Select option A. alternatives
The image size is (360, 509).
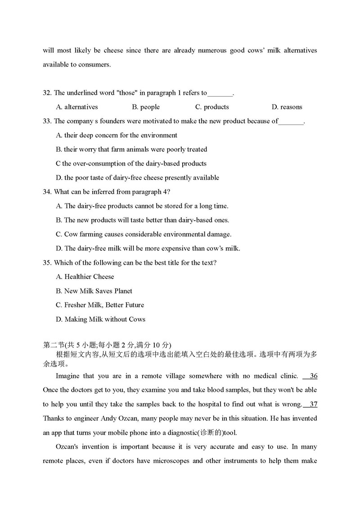[77, 107]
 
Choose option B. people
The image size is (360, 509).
[146, 107]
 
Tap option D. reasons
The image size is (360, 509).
[287, 107]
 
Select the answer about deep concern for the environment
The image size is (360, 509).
[117, 135]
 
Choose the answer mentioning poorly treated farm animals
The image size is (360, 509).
[131, 149]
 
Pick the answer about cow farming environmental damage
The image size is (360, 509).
[144, 234]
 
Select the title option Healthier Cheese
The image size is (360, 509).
[85, 277]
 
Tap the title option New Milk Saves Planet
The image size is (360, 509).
[94, 291]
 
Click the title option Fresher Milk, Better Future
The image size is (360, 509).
[100, 305]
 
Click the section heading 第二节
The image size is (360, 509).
[54, 345]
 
